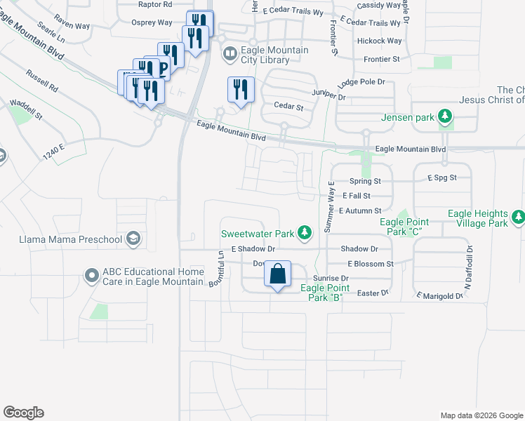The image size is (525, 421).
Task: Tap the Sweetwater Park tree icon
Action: tap(304, 232)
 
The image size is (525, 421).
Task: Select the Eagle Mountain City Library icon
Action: tap(230, 53)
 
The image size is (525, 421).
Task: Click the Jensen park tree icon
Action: tap(444, 116)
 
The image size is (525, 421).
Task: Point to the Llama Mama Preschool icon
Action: tap(133, 240)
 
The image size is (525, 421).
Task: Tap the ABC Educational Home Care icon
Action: tap(91, 276)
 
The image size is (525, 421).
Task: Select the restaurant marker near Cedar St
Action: tap(240, 89)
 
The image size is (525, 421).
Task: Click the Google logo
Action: tap(23, 413)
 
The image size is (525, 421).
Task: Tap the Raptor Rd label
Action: tap(156, 4)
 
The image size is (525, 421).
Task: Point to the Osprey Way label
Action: tap(152, 22)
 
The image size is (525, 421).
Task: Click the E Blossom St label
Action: tap(371, 264)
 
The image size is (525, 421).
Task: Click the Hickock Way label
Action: tap(380, 41)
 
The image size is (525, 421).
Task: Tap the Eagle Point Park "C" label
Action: tap(404, 227)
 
